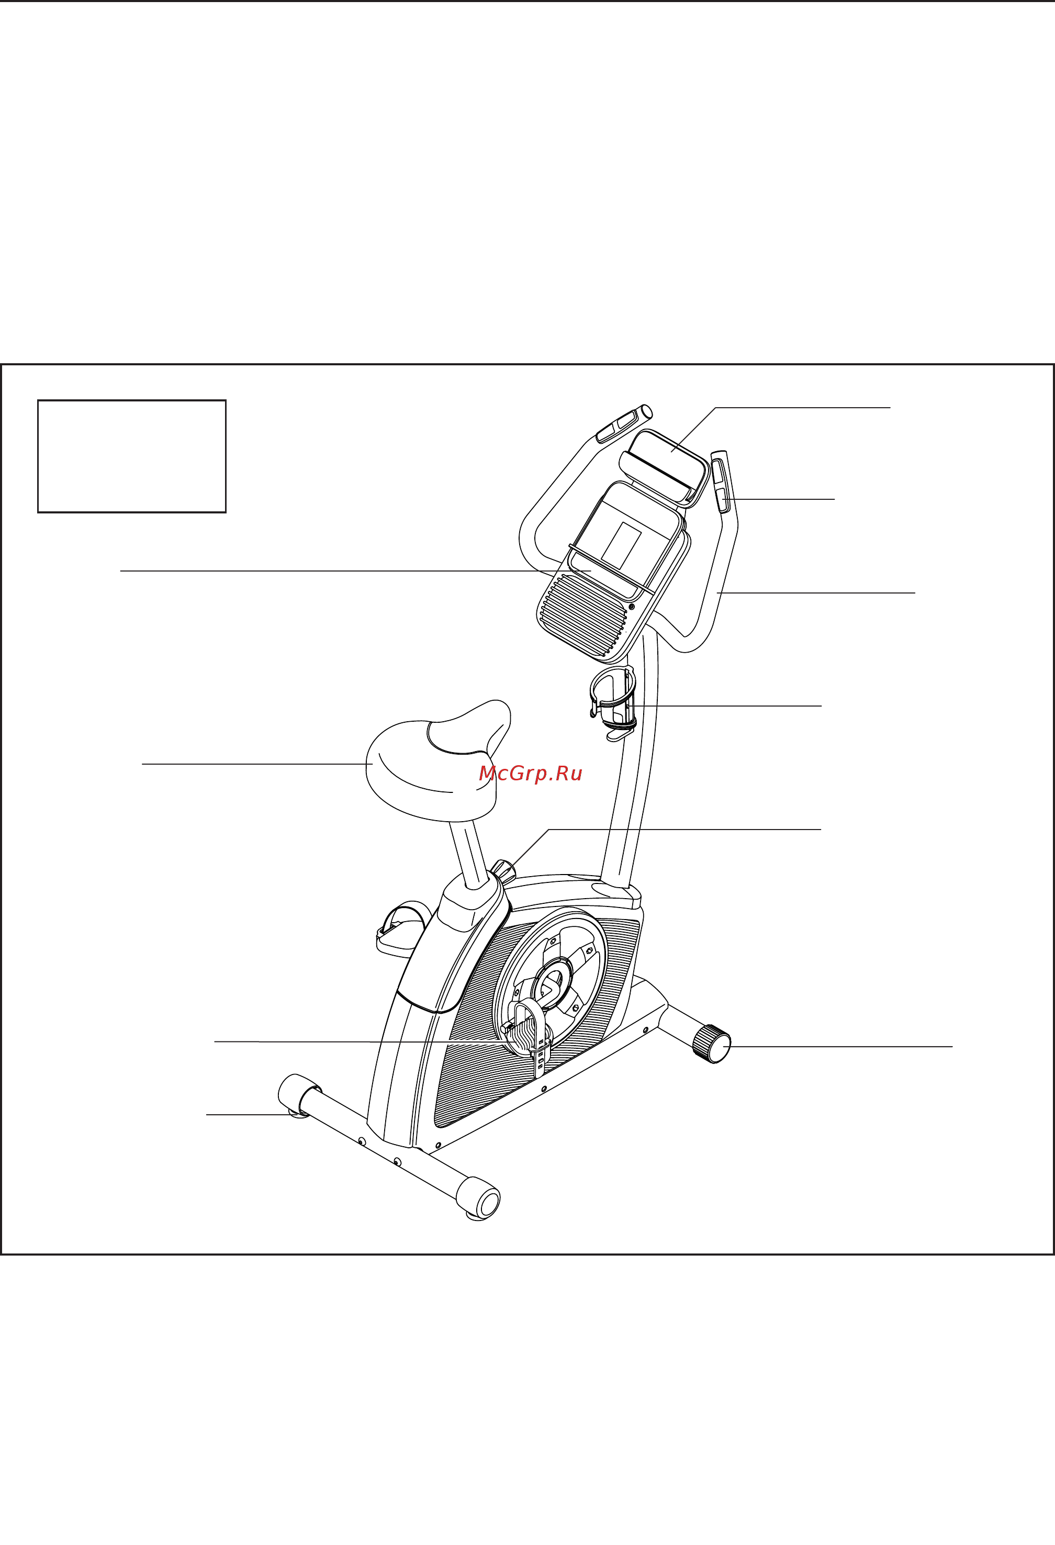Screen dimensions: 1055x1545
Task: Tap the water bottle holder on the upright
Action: point(613,704)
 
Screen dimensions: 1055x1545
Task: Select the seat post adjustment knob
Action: point(503,870)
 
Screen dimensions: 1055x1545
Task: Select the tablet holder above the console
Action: point(664,466)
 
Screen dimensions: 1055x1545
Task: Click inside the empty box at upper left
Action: point(132,456)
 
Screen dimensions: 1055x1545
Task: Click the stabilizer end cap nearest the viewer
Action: point(479,1197)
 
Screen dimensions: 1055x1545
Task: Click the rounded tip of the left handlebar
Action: point(645,411)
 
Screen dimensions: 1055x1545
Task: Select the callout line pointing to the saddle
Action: point(257,764)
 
